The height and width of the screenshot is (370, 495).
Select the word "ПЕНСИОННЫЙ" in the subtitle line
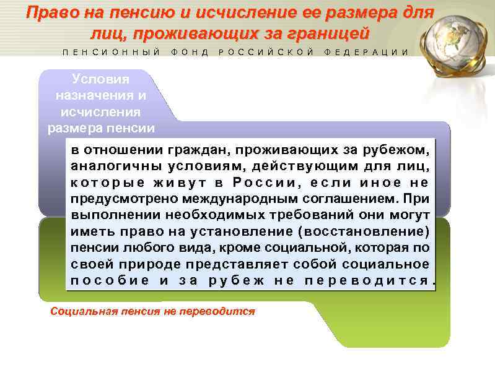pyautogui.click(x=111, y=52)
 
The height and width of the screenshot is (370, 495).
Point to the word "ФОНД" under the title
pyautogui.click(x=190, y=52)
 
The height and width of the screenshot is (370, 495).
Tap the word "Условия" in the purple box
pyautogui.click(x=100, y=79)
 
